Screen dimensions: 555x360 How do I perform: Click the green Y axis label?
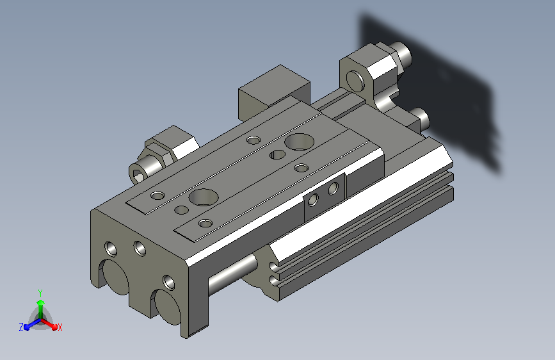click(x=40, y=293)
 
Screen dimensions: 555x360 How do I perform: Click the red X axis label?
click(x=60, y=327)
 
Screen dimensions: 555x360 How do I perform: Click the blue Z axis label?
click(x=21, y=327)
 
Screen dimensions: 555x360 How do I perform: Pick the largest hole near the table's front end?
click(x=203, y=197)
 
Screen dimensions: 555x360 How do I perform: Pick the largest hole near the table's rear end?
click(x=299, y=142)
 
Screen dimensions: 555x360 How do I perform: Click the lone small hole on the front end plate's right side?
click(x=169, y=282)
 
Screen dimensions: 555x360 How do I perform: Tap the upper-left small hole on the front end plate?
click(x=111, y=249)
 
